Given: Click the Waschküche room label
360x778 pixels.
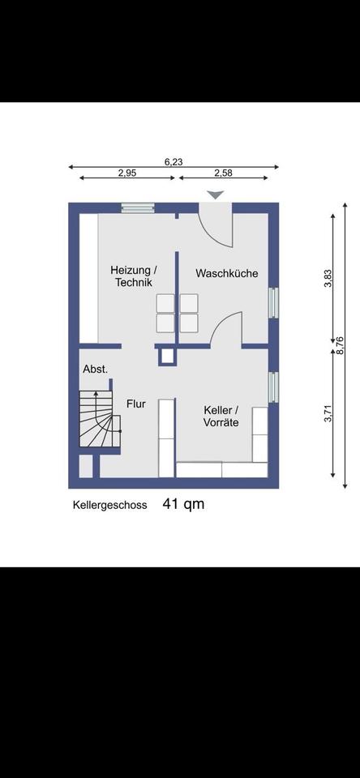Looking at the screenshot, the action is tap(227, 273).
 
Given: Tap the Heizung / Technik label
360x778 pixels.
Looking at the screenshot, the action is tap(134, 276).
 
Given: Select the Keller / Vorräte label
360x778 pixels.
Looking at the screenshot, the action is tap(221, 417).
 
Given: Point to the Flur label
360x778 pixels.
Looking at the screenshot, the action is tap(135, 404).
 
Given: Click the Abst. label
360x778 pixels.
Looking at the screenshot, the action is tap(96, 370).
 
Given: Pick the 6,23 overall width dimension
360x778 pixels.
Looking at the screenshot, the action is tap(174, 162).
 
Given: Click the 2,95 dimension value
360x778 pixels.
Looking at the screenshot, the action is tap(127, 173).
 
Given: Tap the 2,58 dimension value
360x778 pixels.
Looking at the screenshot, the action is tap(223, 173).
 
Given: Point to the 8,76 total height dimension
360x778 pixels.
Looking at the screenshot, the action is tap(341, 345).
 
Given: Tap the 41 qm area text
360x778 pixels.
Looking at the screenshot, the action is tap(183, 504).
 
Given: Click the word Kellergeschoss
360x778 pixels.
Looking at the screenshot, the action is tap(109, 505).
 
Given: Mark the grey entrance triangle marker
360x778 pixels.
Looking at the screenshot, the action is tap(216, 195).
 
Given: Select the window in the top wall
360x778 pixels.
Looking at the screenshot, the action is tap(138, 208).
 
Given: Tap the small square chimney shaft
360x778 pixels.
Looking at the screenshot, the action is tap(167, 355).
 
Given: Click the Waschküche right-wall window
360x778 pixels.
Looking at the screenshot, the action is tap(273, 302).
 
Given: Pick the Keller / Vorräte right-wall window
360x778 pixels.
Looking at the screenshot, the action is tap(273, 387).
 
